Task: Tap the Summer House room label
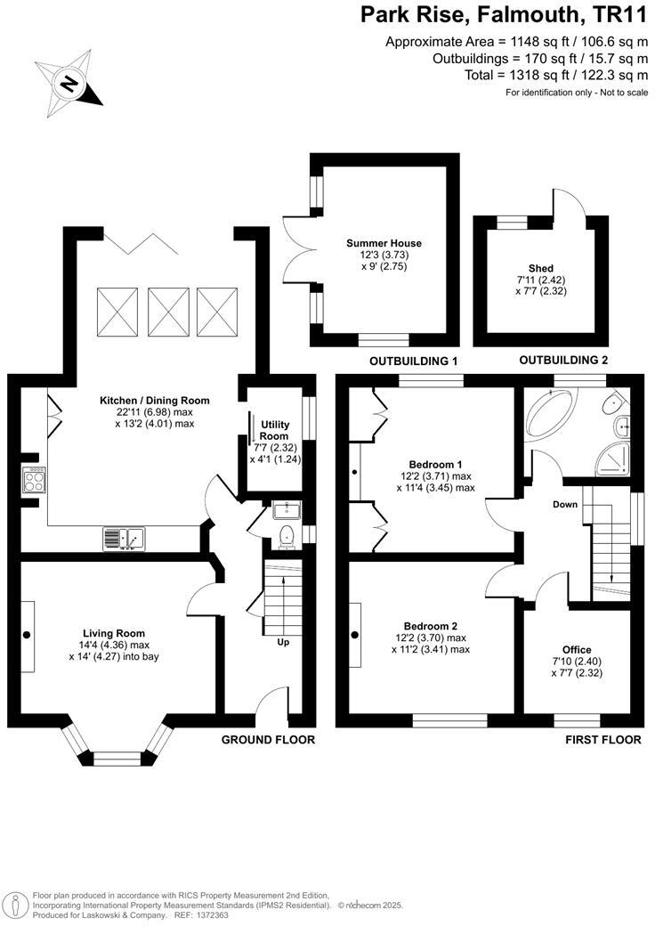pyautogui.click(x=384, y=243)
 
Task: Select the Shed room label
pyautogui.click(x=541, y=268)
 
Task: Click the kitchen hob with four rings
pyautogui.click(x=34, y=481)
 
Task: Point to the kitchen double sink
pyautogui.click(x=123, y=538)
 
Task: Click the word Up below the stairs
pyautogui.click(x=283, y=642)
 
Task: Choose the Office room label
pyautogui.click(x=577, y=649)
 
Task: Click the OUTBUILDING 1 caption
pyautogui.click(x=413, y=361)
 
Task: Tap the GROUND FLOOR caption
pyautogui.click(x=268, y=740)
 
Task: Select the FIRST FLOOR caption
pyautogui.click(x=603, y=740)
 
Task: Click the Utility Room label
pyautogui.click(x=274, y=431)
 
